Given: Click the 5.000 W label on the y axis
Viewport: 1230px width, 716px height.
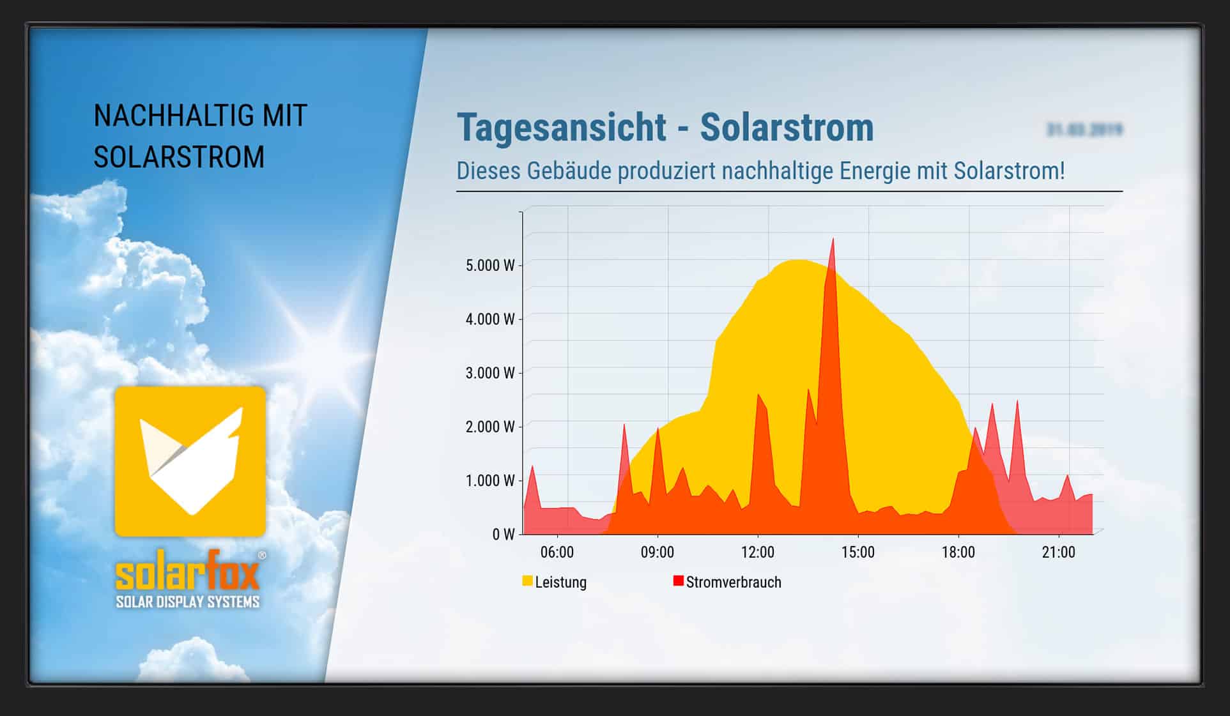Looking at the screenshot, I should [490, 265].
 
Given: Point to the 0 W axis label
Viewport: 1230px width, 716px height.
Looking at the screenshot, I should [503, 535].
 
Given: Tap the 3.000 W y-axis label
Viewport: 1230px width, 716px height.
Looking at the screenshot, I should [490, 373].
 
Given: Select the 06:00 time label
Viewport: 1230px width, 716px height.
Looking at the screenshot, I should [557, 552].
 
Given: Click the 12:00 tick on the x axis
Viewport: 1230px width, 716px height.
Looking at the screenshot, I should [757, 552].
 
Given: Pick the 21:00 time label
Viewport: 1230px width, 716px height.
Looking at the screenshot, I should [1058, 552].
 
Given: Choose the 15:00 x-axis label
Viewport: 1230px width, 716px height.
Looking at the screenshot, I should [857, 552].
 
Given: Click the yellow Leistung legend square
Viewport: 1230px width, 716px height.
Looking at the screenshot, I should [527, 581].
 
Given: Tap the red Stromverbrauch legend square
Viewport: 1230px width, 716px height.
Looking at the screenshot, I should [678, 581].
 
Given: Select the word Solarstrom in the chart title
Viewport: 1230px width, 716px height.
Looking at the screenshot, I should [787, 127].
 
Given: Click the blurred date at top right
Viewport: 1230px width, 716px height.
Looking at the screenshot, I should [1084, 130].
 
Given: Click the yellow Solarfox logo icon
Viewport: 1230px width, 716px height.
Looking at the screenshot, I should [190, 461].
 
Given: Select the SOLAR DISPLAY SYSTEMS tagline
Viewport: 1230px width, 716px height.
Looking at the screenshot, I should [188, 602].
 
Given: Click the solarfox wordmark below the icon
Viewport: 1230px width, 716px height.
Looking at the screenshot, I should [188, 570].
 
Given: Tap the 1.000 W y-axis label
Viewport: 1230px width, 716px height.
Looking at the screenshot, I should [490, 481].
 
